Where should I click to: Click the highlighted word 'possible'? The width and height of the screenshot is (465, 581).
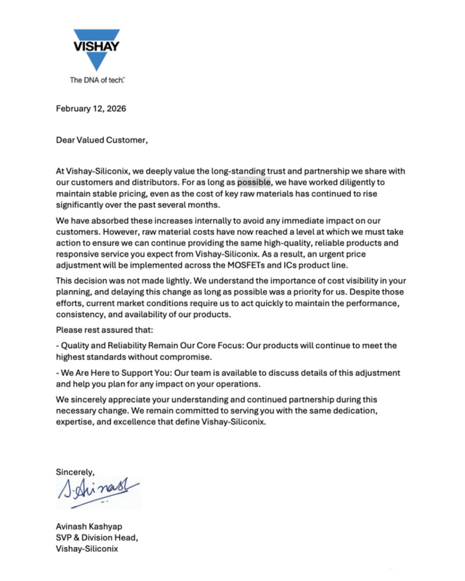point(254,182)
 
